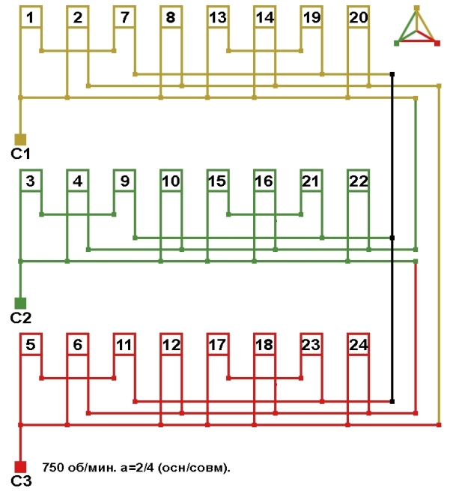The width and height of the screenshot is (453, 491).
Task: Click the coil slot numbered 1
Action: [30, 17]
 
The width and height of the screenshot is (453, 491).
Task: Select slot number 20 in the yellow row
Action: [359, 17]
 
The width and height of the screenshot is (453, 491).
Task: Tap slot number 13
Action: [218, 17]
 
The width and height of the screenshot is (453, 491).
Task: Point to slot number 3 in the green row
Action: [30, 181]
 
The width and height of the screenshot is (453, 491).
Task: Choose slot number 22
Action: [359, 181]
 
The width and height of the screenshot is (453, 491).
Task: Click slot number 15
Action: [218, 181]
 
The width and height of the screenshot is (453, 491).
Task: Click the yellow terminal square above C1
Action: [20, 139]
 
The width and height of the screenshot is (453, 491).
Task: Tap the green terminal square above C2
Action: [20, 303]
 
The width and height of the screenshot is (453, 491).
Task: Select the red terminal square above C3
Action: [20, 466]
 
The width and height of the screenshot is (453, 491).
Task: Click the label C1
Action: [20, 154]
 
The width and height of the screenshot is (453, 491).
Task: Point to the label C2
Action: [20, 317]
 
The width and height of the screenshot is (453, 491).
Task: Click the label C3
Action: [20, 481]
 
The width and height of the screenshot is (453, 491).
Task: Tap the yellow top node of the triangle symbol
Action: [417, 8]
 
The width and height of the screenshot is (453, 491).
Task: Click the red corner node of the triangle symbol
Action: [437, 43]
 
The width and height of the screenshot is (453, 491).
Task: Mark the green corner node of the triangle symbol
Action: [397, 43]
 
